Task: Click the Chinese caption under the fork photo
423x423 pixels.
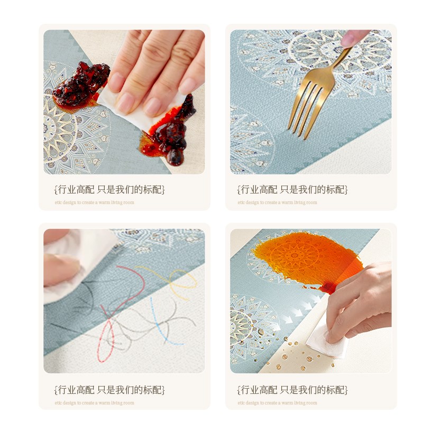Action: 292,189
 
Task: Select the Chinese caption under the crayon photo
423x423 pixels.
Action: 109,390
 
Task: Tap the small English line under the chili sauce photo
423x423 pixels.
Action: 94,203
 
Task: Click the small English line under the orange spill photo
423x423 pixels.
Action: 277,403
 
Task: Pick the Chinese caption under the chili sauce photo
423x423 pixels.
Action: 109,189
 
